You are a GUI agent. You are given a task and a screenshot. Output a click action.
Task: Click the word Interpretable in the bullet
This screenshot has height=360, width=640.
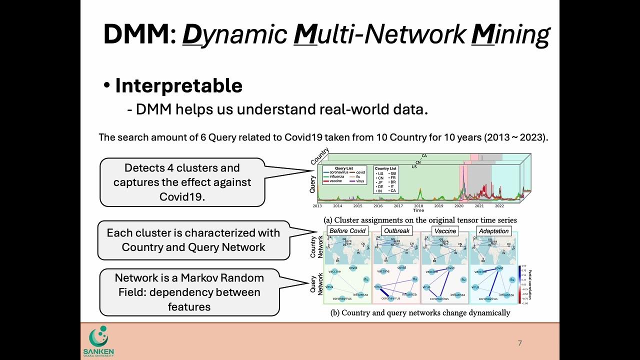[x=178, y=86]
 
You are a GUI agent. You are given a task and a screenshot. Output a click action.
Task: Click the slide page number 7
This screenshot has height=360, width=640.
[x=519, y=343]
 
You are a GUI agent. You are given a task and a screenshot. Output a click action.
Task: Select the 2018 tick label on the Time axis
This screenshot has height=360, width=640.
[x=418, y=206]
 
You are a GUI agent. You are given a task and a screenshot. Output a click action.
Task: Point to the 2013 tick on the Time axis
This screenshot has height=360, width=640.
[x=317, y=206]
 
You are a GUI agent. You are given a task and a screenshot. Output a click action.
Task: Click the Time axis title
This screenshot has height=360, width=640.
[x=418, y=210]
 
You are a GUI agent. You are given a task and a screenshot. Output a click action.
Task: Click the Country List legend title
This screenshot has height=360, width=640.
[x=385, y=168]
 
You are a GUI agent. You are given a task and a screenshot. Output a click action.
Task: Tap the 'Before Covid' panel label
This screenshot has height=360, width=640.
[x=347, y=231]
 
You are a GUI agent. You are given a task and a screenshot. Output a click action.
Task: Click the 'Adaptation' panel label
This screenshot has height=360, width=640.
[x=493, y=231]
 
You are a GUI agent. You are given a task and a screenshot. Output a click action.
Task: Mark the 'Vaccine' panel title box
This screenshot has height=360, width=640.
[x=445, y=231]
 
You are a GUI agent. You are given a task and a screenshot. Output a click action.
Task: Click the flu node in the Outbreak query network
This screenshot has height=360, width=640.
[x=414, y=279]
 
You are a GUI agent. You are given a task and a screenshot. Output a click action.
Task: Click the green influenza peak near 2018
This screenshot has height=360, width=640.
[x=418, y=192]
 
